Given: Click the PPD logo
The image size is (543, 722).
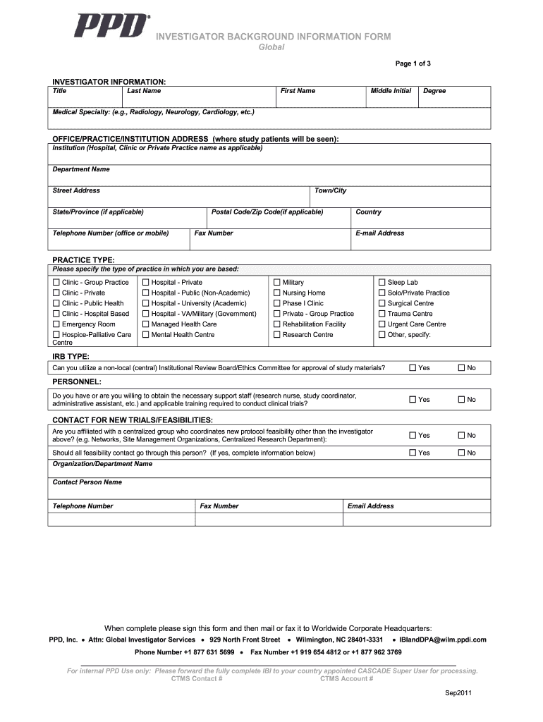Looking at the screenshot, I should click(112, 25).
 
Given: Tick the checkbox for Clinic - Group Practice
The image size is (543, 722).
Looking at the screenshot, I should click(56, 283).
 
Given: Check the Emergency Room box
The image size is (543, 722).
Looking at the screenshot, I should click(56, 324).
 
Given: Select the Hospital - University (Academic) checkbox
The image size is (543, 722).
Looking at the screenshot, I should click(146, 304).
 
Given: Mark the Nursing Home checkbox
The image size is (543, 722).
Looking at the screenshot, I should click(277, 293).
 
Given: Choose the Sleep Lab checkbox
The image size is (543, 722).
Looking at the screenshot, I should click(382, 283).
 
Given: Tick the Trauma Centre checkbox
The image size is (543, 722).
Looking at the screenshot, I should click(382, 314).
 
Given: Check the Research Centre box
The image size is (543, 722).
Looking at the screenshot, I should click(277, 335).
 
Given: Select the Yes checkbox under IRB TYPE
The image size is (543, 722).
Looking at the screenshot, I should click(413, 368).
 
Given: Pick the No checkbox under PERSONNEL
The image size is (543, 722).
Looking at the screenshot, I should click(462, 400).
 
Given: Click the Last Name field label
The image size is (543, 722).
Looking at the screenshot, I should click(144, 91).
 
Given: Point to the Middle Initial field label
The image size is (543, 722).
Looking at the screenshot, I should click(391, 91).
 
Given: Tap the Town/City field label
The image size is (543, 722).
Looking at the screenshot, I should click(330, 191).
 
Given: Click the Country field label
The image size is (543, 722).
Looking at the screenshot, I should click(368, 212).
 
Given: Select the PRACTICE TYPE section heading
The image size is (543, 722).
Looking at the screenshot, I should click(83, 260).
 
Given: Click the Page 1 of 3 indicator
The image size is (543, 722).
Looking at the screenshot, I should click(413, 64).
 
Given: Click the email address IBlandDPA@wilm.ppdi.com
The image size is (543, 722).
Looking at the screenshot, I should click(443, 640).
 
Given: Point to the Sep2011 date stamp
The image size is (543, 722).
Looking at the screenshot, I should click(458, 693).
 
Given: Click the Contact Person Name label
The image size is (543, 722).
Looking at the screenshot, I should click(87, 482).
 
